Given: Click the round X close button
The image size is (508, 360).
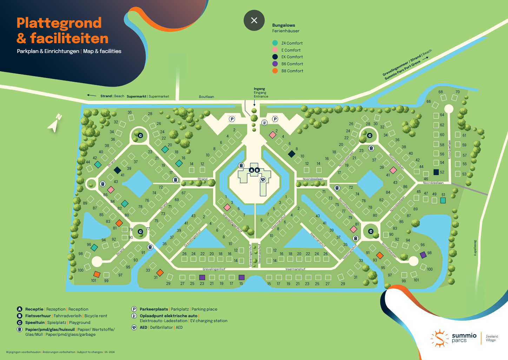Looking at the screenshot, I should click(x=254, y=20).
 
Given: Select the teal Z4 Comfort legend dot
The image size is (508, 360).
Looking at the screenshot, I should click(x=275, y=43).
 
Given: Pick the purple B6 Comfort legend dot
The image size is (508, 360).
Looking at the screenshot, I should click(x=275, y=64).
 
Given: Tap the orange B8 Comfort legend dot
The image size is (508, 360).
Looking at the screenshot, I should click(x=275, y=71).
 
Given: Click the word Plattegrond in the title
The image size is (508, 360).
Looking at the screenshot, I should click(x=59, y=23).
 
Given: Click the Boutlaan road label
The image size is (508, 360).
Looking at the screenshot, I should click(x=206, y=97).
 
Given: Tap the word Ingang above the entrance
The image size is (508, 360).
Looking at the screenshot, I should click(x=259, y=89).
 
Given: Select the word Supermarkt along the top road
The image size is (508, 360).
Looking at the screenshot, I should click(x=136, y=96).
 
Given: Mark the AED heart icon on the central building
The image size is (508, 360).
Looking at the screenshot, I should click(x=263, y=179).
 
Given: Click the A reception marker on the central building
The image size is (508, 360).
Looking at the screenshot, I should click(x=251, y=170).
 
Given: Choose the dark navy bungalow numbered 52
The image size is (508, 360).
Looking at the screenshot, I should click(x=436, y=172).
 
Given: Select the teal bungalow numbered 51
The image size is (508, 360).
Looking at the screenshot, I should click(x=443, y=200).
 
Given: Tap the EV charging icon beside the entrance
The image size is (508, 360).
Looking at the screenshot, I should click(x=265, y=122).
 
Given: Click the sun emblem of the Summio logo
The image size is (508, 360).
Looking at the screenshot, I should click(x=439, y=338).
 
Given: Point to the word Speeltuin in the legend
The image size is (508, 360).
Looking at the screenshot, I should click(x=35, y=322).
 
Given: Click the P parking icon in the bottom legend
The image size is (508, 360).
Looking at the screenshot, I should click(x=134, y=309).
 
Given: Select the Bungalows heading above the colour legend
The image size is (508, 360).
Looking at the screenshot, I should click(x=284, y=25).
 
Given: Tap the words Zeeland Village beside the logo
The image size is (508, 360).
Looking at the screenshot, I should click(x=491, y=338).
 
